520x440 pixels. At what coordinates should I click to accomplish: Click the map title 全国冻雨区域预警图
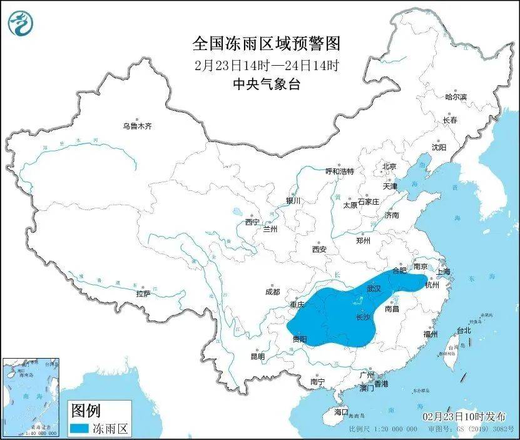pos(266,44)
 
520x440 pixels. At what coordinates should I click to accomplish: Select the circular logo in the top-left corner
pos(21,23)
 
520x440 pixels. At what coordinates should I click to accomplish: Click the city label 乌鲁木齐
pos(137,126)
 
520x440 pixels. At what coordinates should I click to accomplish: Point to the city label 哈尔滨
pos(456,97)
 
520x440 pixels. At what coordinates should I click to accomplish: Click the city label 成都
pos(272,292)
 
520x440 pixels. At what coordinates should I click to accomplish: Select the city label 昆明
pos(257,356)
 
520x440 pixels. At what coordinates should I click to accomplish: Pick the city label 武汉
pos(374,289)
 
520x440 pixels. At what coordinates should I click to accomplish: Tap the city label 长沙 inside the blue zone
pos(363,317)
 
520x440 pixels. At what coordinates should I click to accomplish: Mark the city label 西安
pos(319,249)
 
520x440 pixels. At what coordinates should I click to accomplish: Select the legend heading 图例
pos(85,411)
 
